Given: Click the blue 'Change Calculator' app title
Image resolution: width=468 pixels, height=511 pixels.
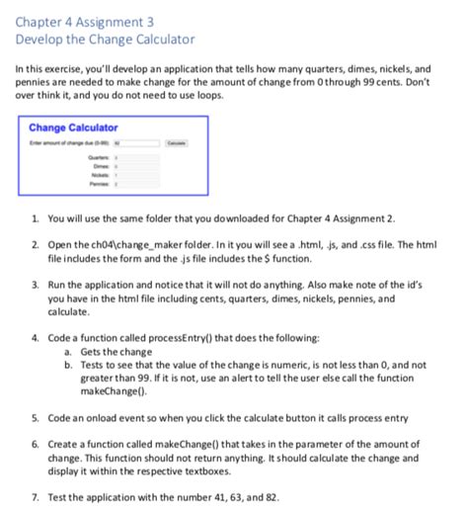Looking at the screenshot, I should [x=73, y=128].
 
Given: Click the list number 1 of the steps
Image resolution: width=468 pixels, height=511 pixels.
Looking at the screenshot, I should [x=36, y=217].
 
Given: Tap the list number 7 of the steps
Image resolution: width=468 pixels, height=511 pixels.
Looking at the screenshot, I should [x=36, y=494].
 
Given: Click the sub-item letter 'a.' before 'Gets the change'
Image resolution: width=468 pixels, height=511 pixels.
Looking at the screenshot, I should [x=68, y=352].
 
